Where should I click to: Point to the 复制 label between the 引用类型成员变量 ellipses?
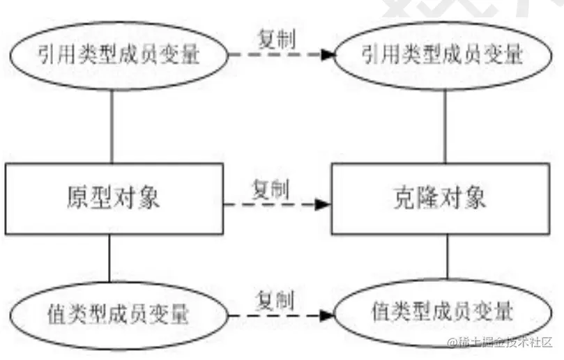[x=273, y=39]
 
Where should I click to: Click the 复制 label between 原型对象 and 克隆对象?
[x=270, y=187]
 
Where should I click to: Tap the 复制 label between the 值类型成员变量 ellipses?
[x=274, y=301]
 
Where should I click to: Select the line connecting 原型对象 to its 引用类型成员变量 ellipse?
[x=112, y=125]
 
